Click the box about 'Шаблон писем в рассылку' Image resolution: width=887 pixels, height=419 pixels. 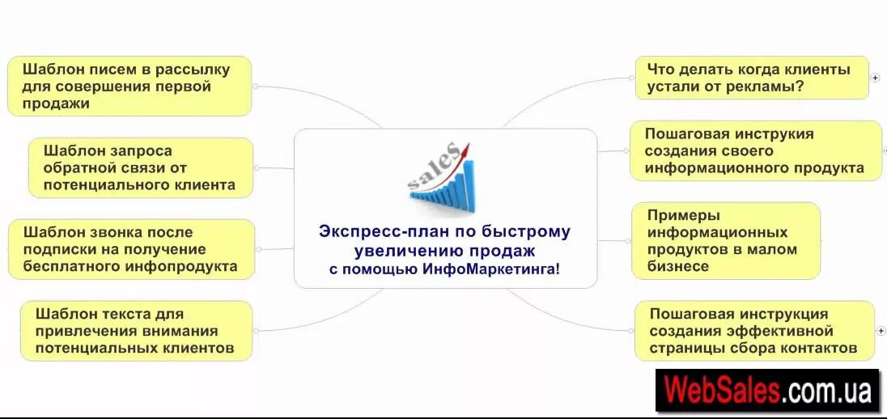129,86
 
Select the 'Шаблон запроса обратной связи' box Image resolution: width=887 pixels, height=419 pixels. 141,167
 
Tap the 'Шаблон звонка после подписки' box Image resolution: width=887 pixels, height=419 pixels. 131,249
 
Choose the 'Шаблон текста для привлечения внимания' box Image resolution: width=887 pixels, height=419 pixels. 136,330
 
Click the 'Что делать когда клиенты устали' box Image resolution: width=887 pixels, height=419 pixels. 752,78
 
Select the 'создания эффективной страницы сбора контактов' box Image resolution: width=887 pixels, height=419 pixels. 754,330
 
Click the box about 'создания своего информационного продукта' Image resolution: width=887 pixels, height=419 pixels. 755,150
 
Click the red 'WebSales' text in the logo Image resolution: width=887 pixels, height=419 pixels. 722,391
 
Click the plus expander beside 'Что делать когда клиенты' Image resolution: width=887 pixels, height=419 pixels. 875,78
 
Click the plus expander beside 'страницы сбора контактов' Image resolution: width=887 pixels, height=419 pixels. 881,331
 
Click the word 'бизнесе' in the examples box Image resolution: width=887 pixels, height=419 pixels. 678,266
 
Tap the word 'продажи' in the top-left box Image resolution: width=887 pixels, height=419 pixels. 56,104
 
